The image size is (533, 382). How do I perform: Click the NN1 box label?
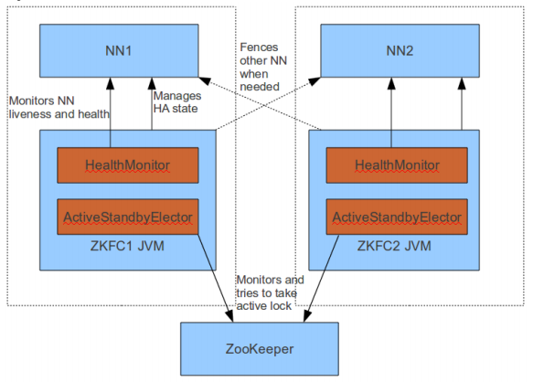pyautogui.click(x=118, y=50)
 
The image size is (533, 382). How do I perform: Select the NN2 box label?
pyautogui.click(x=400, y=50)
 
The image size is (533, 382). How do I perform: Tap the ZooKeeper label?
pyautogui.click(x=260, y=349)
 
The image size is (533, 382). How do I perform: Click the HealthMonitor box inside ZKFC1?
pyautogui.click(x=128, y=165)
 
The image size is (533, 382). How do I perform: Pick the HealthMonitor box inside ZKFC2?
pyautogui.click(x=397, y=165)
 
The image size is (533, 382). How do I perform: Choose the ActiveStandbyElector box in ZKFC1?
pyautogui.click(x=128, y=217)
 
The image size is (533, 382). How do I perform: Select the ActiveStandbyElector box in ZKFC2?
pyautogui.click(x=397, y=217)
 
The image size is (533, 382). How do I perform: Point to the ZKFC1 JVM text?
pyautogui.click(x=127, y=246)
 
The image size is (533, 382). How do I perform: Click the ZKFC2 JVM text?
pyautogui.click(x=394, y=246)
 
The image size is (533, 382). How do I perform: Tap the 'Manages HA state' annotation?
pyautogui.click(x=177, y=102)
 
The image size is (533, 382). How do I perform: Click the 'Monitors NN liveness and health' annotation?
pyautogui.click(x=59, y=108)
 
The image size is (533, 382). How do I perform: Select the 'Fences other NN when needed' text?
pyautogui.click(x=263, y=67)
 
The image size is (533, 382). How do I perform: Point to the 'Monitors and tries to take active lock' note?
pyautogui.click(x=271, y=293)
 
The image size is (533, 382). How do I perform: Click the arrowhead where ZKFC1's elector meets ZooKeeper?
pyautogui.click(x=230, y=317)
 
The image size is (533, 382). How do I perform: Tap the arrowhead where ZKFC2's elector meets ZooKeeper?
pyautogui.click(x=306, y=316)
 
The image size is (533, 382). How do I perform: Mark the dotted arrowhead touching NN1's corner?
pyautogui.click(x=205, y=80)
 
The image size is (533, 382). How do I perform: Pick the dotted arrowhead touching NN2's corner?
pyautogui.click(x=314, y=81)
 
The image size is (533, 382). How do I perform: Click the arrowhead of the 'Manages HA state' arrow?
pyautogui.click(x=152, y=83)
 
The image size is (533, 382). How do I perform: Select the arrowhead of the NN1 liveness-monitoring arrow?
pyautogui.click(x=110, y=83)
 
